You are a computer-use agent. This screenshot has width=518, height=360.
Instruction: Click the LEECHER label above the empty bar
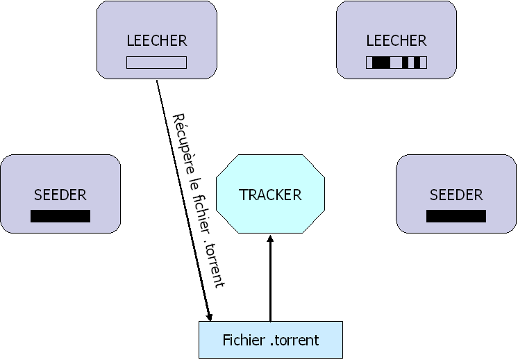(157, 40)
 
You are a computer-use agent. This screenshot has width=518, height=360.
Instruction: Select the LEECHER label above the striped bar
(396, 40)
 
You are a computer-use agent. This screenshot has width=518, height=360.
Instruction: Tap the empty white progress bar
(157, 63)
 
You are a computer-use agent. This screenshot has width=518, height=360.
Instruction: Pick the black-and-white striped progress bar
(396, 63)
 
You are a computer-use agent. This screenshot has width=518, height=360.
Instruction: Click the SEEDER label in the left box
(60, 195)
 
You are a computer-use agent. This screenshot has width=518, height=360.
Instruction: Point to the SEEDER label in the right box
(456, 195)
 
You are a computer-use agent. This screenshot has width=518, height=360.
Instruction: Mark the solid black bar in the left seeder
(60, 216)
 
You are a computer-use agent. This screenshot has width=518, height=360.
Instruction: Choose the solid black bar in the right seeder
(456, 216)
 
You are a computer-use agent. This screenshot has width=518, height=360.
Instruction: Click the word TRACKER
(270, 195)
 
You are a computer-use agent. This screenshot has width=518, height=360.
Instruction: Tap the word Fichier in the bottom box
(244, 341)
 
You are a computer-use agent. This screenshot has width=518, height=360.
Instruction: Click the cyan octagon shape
(270, 174)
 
